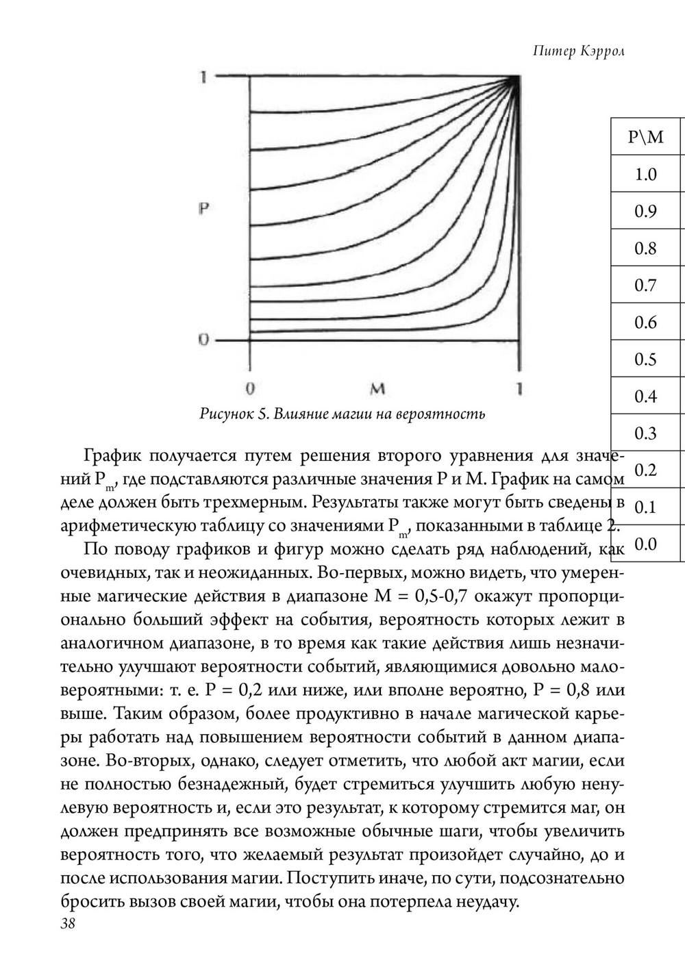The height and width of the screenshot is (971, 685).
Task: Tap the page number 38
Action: [x=68, y=923]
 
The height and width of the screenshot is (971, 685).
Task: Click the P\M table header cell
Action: [x=645, y=137]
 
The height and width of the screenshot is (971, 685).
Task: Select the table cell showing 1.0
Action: [x=645, y=174]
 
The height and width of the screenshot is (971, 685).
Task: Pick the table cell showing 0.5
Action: [x=645, y=359]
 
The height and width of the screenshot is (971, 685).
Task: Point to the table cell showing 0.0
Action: [x=645, y=544]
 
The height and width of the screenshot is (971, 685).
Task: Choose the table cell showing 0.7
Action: [x=645, y=285]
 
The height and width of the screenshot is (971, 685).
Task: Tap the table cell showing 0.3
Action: [x=645, y=433]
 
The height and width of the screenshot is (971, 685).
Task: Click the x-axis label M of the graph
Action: [x=377, y=389]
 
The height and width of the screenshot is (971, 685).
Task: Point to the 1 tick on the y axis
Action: [x=203, y=77]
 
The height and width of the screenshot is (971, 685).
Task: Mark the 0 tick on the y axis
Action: [x=203, y=340]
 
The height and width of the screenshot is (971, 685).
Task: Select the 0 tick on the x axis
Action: [x=251, y=389]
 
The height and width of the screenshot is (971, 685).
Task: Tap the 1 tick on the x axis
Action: [x=520, y=389]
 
